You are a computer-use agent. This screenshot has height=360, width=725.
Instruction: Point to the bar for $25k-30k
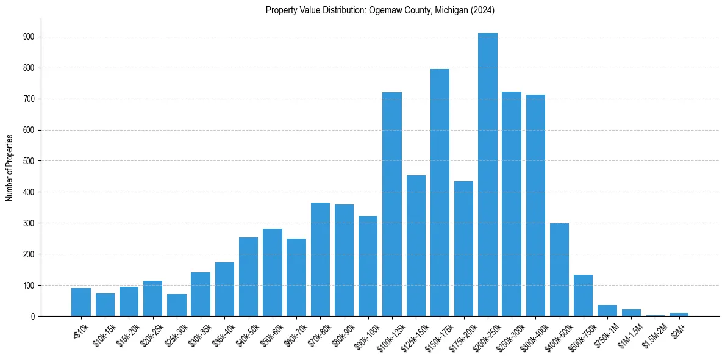point(177,306)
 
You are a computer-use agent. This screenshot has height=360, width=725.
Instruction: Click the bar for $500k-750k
point(584,295)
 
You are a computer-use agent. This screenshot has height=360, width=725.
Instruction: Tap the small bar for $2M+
point(679,315)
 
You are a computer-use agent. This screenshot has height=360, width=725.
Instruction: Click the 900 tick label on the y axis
point(29,37)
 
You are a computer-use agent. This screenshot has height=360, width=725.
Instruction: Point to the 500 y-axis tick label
point(29,161)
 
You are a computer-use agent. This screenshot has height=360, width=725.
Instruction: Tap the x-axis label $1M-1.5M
point(628,335)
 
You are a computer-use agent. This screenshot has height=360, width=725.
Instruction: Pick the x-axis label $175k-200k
point(461,335)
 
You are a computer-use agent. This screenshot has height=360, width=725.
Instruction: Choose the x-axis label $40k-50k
point(246,334)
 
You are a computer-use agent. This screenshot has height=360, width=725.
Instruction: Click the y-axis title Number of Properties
point(10,167)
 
